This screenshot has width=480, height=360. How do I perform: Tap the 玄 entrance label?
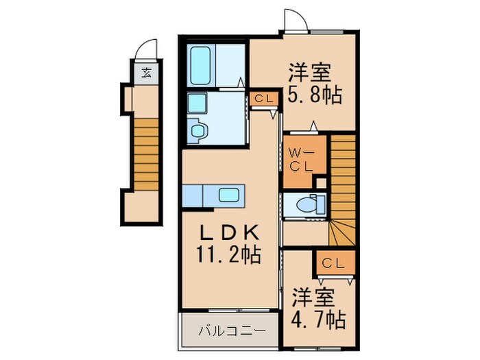146,72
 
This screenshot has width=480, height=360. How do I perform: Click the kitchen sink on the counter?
229,195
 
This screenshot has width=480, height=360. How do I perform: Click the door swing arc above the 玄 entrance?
145,50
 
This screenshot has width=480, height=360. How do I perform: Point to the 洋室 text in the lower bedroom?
316,298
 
